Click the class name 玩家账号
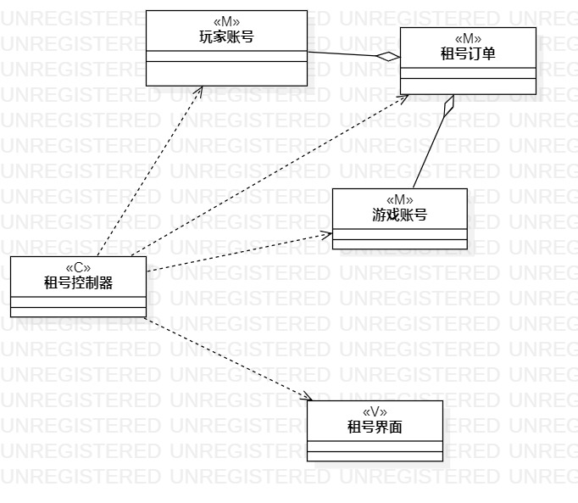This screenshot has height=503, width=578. (x=226, y=36)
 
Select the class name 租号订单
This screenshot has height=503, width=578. (x=468, y=53)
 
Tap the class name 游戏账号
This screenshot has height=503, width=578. (x=399, y=215)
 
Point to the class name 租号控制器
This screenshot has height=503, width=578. (x=78, y=282)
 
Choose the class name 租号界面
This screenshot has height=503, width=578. (x=375, y=427)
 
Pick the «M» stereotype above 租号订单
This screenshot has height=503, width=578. (x=468, y=39)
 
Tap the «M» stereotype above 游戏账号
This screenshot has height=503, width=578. (x=399, y=200)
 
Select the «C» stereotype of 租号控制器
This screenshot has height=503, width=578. (x=78, y=268)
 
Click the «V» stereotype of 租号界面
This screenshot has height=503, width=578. (x=375, y=412)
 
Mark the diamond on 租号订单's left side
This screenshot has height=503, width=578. (x=388, y=57)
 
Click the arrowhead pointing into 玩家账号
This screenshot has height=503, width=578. (x=200, y=90)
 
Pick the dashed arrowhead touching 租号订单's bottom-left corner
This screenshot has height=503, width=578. (x=405, y=96)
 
